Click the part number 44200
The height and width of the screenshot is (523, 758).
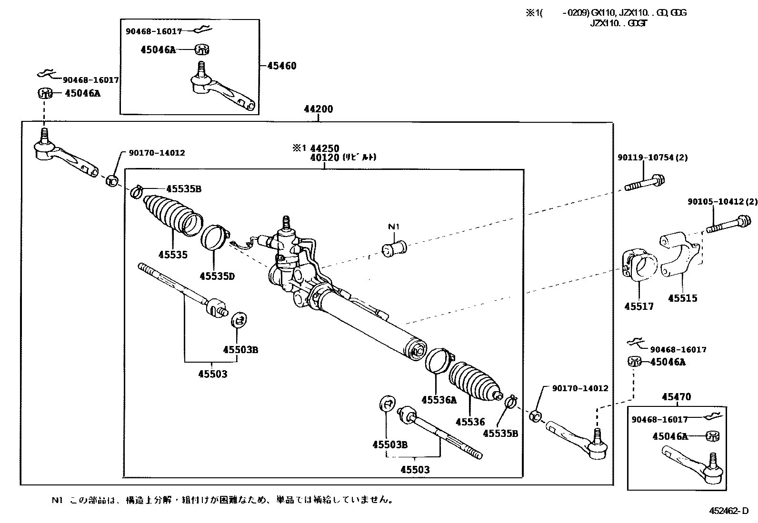pos(319,109)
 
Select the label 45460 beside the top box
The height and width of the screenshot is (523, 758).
pos(281,66)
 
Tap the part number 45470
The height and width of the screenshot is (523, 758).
pos(676,397)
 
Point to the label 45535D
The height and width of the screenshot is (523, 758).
pos(217,276)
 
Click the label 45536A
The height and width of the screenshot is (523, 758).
pos(439,400)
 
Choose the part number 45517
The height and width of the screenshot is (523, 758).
pos(639,307)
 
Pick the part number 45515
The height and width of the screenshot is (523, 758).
pos(682,298)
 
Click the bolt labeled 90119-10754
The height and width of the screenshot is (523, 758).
pos(644,183)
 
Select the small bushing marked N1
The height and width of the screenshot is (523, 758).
pos(394,247)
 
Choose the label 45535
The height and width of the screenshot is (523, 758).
pos(173,255)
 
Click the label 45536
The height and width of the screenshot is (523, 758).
pos(470,422)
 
